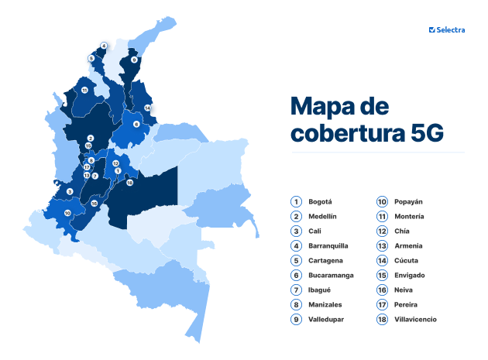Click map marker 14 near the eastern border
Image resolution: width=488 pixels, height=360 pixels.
click(147, 108)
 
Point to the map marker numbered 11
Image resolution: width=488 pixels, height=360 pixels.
click(84, 91)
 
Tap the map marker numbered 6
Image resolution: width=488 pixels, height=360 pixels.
click(136, 124)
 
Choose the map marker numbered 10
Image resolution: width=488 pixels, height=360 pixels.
click(67, 212)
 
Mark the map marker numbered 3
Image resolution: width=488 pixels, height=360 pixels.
click(70, 191)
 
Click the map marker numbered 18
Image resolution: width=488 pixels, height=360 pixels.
click(129, 183)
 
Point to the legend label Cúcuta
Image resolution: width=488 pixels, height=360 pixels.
click(406, 260)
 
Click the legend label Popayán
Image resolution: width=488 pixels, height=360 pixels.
click(408, 201)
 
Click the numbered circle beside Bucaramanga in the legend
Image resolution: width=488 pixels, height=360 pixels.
click(296, 275)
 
